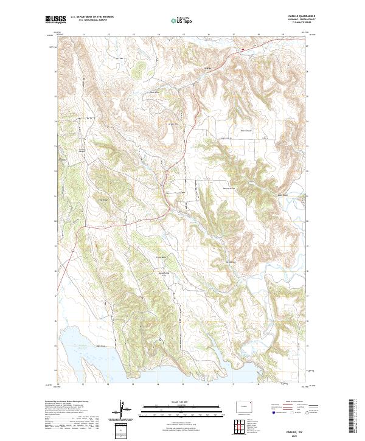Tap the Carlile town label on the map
207,68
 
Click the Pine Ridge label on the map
103,200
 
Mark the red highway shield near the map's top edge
243,49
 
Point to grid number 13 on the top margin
133,35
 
